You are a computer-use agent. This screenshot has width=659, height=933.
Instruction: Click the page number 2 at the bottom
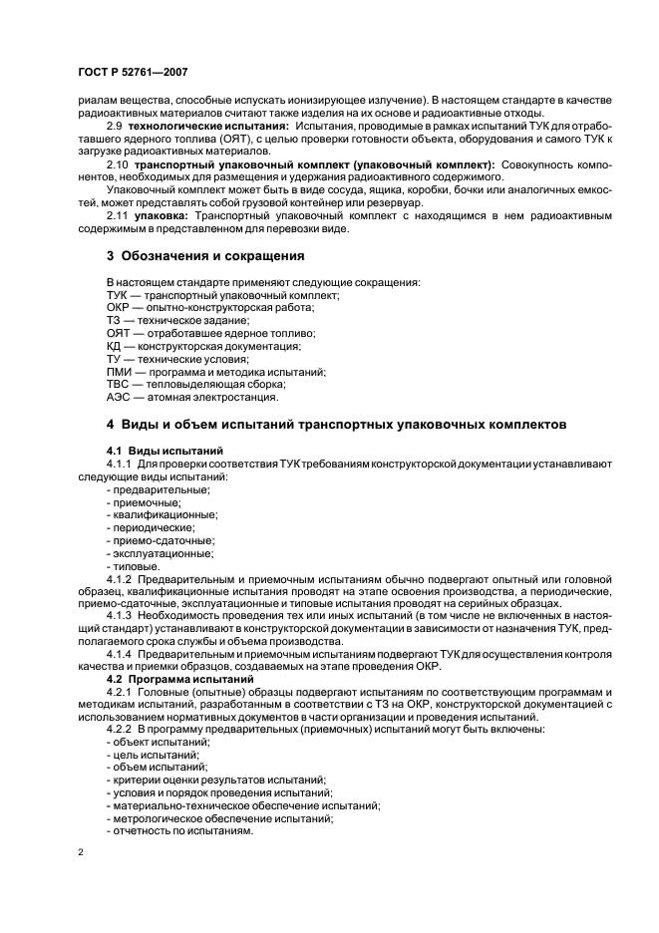point(81,852)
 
